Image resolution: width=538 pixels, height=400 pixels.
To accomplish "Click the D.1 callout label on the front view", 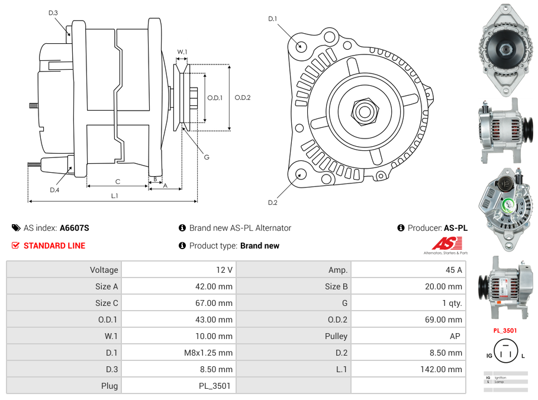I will tap(273, 19).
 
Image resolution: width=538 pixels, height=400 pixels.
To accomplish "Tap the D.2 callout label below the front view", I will tap(273, 203).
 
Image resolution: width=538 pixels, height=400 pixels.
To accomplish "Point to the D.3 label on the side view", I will tap(53, 12).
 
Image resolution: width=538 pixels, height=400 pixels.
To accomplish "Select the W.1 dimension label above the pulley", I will tap(182, 52).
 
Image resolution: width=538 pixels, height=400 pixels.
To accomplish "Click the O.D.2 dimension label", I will tap(243, 98).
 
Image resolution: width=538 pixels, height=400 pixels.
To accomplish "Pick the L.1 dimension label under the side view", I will tap(115, 195).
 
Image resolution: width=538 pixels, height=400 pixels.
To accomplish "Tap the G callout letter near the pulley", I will tap(207, 157).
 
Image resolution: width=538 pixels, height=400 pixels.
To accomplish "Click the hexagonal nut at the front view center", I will tap(365, 111).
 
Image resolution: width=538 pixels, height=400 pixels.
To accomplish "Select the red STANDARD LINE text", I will tap(54, 246).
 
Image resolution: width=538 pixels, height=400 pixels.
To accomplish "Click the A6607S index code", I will tap(75, 228).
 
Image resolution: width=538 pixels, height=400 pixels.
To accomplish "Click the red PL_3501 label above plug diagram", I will tap(505, 331).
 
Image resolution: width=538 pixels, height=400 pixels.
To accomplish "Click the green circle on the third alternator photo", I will tap(508, 206).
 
